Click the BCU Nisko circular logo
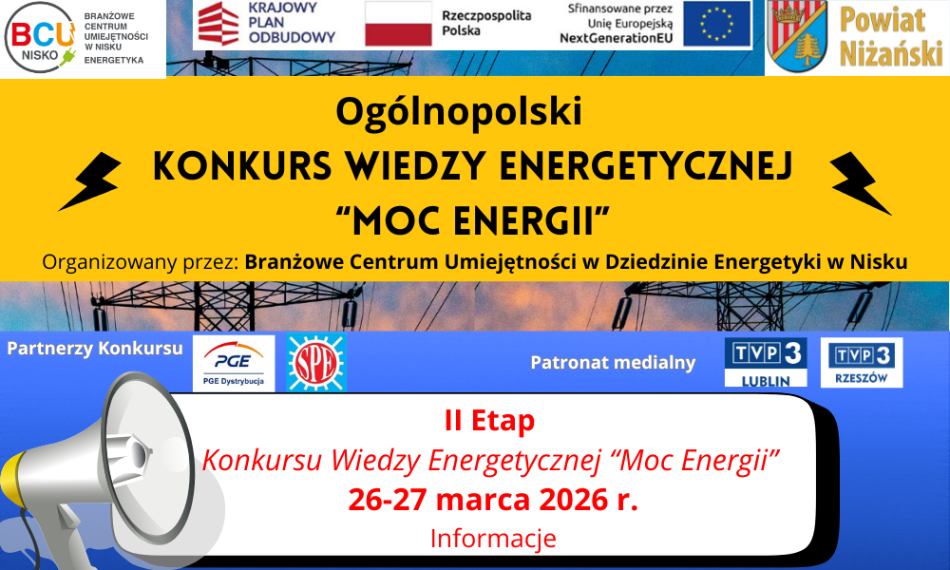[41, 38]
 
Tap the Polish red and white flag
[398, 24]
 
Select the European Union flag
[716, 24]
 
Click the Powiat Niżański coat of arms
[797, 36]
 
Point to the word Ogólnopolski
[459, 111]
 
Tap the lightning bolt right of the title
[861, 183]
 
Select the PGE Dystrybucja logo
[234, 364]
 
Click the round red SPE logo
[315, 363]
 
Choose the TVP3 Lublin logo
[766, 362]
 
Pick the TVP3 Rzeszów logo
[862, 362]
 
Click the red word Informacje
[493, 538]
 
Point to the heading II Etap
[489, 421]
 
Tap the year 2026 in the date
[573, 500]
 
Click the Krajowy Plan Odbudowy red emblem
[218, 24]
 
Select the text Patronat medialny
[613, 362]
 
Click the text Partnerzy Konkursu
[94, 349]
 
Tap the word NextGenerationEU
[617, 38]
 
